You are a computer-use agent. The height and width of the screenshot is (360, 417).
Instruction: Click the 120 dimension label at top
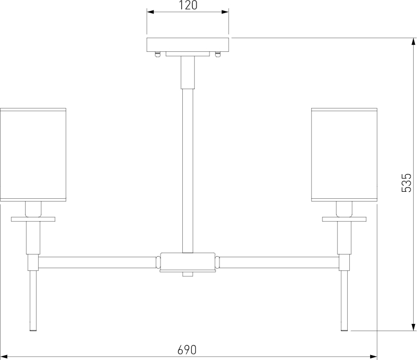[x=188, y=6]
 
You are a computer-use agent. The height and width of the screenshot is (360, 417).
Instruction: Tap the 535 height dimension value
[x=406, y=183]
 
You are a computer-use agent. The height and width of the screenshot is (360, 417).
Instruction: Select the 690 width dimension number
[x=187, y=349]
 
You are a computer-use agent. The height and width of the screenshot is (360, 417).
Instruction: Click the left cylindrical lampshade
[x=33, y=155]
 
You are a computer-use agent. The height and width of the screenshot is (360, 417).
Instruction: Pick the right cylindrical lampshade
[x=344, y=155]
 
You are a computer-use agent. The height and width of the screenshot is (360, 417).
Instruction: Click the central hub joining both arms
[x=188, y=262]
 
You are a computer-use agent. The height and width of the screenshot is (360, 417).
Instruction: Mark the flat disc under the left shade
[x=33, y=219]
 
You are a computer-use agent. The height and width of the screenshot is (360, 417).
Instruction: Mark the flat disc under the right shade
[x=344, y=219]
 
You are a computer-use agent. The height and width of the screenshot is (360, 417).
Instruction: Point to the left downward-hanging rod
[x=33, y=300]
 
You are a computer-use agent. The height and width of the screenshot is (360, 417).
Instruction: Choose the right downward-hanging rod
[x=344, y=300]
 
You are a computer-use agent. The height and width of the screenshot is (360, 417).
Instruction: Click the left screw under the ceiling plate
[x=158, y=54]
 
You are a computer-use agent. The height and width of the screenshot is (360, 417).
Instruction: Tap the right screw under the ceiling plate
[x=218, y=54]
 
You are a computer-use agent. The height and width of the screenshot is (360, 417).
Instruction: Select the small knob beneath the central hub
[x=188, y=274]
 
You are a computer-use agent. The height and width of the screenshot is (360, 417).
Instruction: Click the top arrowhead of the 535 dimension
[x=412, y=41]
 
